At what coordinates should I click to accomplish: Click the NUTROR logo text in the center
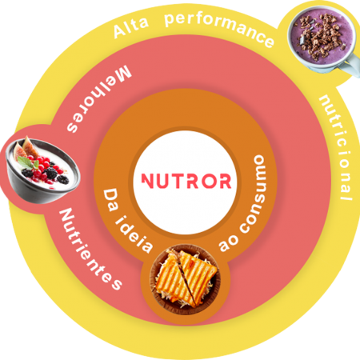click(186, 181)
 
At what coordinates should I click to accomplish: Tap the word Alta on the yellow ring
click(131, 27)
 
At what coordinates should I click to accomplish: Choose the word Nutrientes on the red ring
click(90, 249)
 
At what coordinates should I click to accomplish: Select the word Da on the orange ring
click(110, 200)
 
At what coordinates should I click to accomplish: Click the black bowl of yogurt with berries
click(42, 170)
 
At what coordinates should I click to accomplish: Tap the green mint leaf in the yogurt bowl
click(29, 162)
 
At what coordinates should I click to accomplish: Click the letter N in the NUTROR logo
click(147, 181)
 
